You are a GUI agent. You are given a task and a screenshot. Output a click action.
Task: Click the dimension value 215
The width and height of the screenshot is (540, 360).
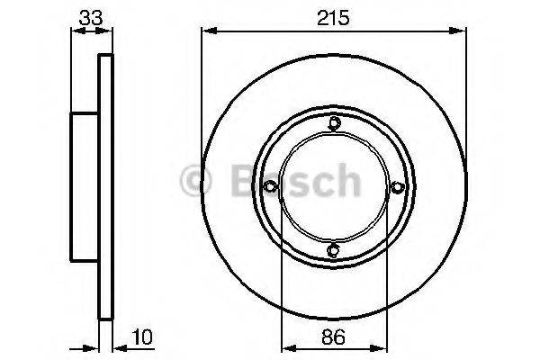(x=333, y=17)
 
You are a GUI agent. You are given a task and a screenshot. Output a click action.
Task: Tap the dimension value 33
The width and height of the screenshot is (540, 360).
(x=91, y=17)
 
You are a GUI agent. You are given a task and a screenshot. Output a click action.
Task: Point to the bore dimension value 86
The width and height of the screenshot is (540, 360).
(x=333, y=339)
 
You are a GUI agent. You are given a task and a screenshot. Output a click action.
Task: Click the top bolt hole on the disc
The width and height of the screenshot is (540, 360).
(x=333, y=124)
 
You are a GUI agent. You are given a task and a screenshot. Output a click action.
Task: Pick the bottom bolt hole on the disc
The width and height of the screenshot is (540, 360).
(x=333, y=249)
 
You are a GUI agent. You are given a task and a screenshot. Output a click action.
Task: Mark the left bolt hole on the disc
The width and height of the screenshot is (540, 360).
(x=270, y=186)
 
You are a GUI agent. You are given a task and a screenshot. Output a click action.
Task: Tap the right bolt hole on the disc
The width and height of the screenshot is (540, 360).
(x=396, y=186)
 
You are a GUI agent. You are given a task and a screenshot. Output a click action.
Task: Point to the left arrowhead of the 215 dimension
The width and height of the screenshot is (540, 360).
(x=205, y=32)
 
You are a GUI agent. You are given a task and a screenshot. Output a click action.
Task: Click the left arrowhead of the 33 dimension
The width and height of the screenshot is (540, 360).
(x=76, y=32)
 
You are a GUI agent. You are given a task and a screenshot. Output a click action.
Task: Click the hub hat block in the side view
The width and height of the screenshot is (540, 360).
(x=84, y=186)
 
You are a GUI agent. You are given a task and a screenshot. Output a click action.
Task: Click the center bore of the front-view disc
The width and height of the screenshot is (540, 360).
(x=333, y=186)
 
